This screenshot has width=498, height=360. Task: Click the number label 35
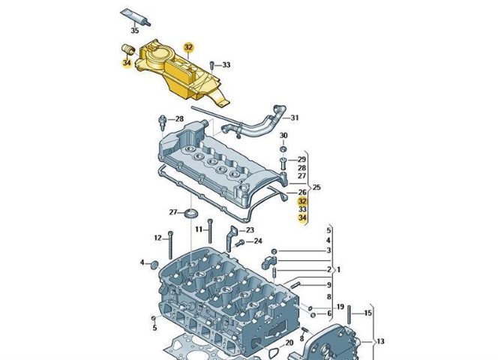pyautogui.click(x=135, y=31)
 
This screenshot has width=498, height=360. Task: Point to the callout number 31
pyautogui.click(x=295, y=118)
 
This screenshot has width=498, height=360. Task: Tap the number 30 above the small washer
pyautogui.click(x=283, y=136)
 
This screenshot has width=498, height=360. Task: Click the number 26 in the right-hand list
pyautogui.click(x=302, y=192)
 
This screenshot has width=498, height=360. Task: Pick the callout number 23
pyautogui.click(x=250, y=230)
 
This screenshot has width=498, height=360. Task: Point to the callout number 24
pyautogui.click(x=258, y=241)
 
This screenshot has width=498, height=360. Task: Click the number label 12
pyautogui.click(x=158, y=238)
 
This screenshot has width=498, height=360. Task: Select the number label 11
pyautogui.click(x=199, y=229)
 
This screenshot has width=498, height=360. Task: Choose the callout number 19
pyautogui.click(x=340, y=307)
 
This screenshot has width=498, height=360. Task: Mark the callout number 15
pyautogui.click(x=368, y=313)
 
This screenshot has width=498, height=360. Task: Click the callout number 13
pyautogui.click(x=380, y=341)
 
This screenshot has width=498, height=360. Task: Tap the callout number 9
pyautogui.click(x=328, y=284)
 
